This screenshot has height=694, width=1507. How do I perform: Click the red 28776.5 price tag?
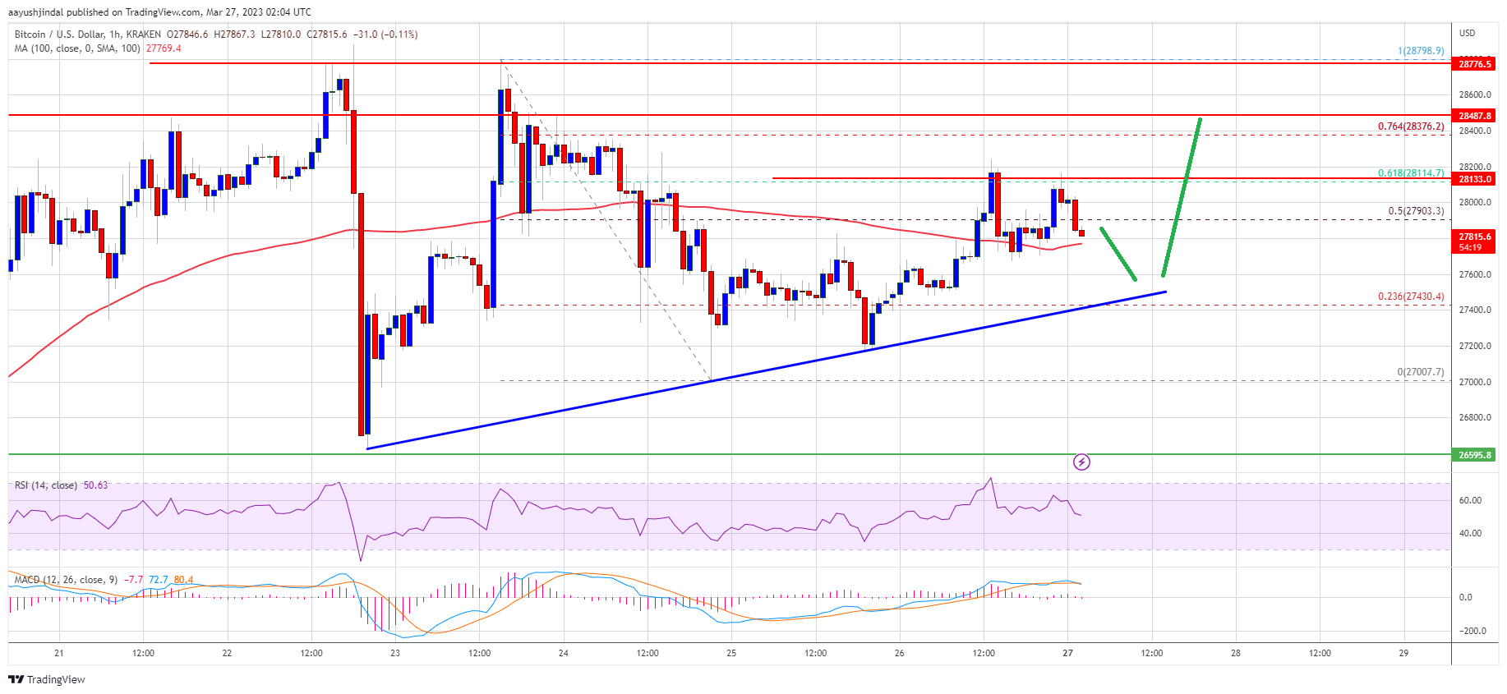click(1474, 64)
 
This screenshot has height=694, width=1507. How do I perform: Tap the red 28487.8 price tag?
click(1474, 116)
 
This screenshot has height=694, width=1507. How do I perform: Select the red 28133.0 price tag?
click(1474, 179)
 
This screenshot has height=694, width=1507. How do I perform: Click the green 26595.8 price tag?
click(1474, 454)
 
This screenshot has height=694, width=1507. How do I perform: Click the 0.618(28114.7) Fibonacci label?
click(1410, 173)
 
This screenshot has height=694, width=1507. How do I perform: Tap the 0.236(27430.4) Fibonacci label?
click(1410, 296)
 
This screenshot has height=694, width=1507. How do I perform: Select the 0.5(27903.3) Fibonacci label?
click(1415, 211)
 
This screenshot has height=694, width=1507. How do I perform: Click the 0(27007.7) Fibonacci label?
click(1420, 372)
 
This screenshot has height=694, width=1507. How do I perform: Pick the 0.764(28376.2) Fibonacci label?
click(1410, 126)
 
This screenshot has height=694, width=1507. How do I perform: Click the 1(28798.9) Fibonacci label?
click(1420, 51)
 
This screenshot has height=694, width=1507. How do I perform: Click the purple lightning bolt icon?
click(1081, 462)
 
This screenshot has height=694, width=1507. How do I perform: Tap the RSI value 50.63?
click(95, 485)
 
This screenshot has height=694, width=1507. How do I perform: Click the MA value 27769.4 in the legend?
click(164, 48)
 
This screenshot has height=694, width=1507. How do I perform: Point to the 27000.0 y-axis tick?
click(1474, 382)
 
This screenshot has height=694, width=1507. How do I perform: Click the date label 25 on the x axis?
click(731, 654)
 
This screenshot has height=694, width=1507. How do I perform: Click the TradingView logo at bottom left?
click(47, 679)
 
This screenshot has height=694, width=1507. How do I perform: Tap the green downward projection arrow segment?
click(1118, 254)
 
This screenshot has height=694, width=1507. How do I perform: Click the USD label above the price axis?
click(1467, 33)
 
